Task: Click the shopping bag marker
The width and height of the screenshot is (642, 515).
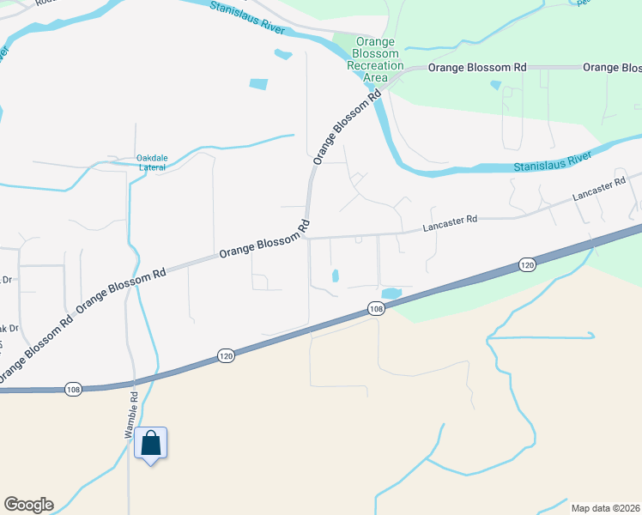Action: point(151,444)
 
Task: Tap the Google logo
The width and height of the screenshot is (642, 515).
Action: point(28,505)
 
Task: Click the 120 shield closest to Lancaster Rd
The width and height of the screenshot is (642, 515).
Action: point(527,267)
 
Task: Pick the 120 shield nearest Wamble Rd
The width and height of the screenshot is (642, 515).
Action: point(225,355)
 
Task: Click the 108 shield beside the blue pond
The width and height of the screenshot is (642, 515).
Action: point(375,308)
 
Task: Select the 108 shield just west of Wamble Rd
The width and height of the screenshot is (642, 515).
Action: point(73,390)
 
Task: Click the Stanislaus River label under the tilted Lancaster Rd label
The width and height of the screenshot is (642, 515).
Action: point(554,159)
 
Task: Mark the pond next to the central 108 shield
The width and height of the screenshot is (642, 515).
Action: point(391,294)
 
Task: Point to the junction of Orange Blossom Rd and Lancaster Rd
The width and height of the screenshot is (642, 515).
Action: point(309,238)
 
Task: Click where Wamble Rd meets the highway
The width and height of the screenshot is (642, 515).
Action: point(131,380)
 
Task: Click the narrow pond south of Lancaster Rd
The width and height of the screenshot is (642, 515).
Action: point(335,276)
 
